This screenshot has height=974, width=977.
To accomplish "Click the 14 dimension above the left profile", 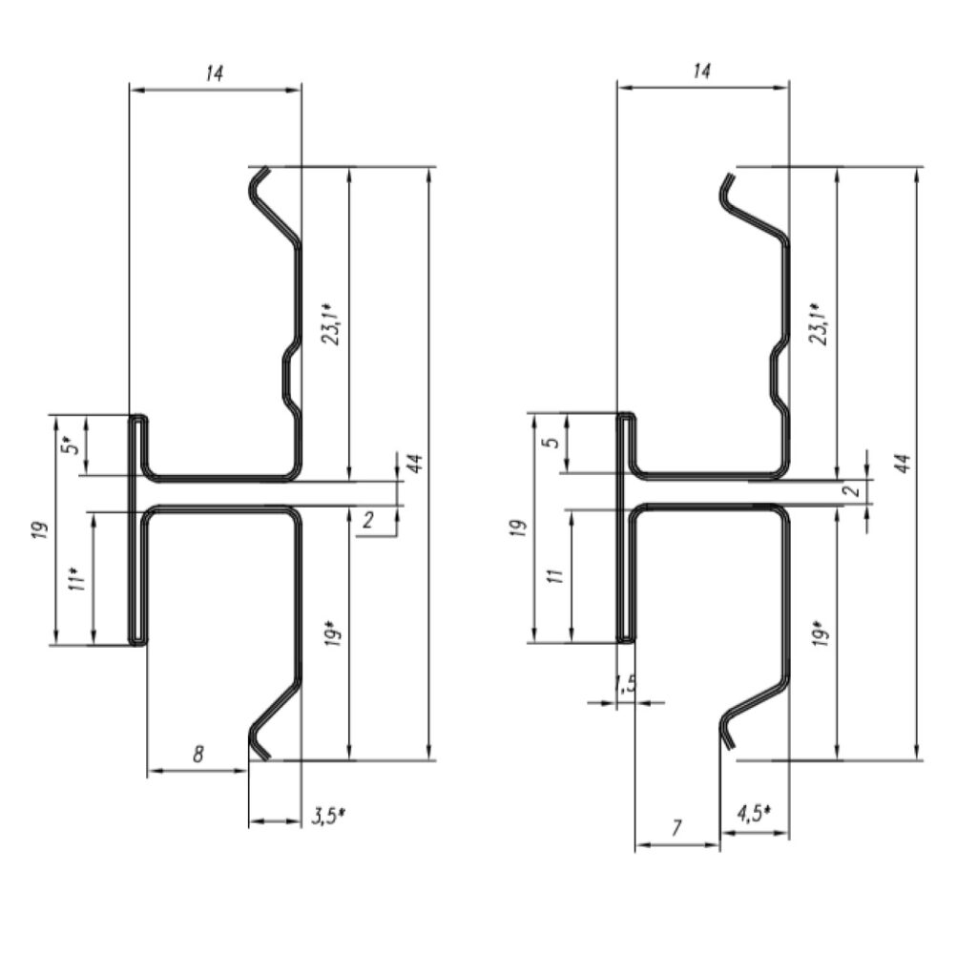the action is point(214,73).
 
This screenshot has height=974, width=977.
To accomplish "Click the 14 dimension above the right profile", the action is point(701,71).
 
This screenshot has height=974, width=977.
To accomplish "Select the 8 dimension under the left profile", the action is point(198,754).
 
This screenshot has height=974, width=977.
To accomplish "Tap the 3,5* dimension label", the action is point(328,816).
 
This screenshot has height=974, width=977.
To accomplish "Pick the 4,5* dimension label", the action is point(754,813).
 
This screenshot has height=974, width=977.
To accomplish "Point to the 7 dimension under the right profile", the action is point(676,827).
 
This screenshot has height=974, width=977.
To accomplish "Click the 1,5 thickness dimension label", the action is point(626,684).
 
